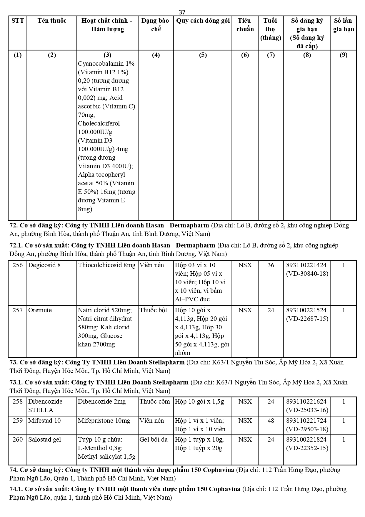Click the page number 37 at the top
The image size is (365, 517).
pyautogui.click(x=182, y=12)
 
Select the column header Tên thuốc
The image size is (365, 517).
pyautogui.click(x=52, y=21)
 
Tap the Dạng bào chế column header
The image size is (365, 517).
pyautogui.click(x=155, y=25)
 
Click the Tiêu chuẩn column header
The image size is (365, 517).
pyautogui.click(x=245, y=25)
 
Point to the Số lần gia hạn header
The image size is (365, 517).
pyautogui.click(x=343, y=25)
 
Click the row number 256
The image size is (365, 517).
pyautogui.click(x=18, y=265)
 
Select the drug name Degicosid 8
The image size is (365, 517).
pyautogui.click(x=44, y=265)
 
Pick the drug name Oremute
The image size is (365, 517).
pyautogui.click(x=40, y=310)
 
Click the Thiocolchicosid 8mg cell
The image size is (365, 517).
pyautogui.click(x=106, y=265)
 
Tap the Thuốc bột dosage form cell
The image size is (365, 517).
pyautogui.click(x=153, y=310)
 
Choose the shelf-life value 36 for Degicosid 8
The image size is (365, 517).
pyautogui.click(x=271, y=265)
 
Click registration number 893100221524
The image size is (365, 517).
pyautogui.click(x=307, y=310)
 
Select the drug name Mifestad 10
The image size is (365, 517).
pyautogui.click(x=44, y=421)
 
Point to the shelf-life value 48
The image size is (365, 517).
pyautogui.click(x=271, y=421)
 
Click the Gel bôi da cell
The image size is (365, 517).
pyautogui.click(x=154, y=440)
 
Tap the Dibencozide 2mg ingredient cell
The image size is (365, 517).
pyautogui.click(x=102, y=402)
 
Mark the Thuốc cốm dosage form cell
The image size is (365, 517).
pyautogui.click(x=155, y=402)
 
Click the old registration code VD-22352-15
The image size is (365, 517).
pyautogui.click(x=307, y=448)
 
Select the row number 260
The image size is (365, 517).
pyautogui.click(x=18, y=440)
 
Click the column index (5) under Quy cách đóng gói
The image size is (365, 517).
pyautogui.click(x=203, y=55)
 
